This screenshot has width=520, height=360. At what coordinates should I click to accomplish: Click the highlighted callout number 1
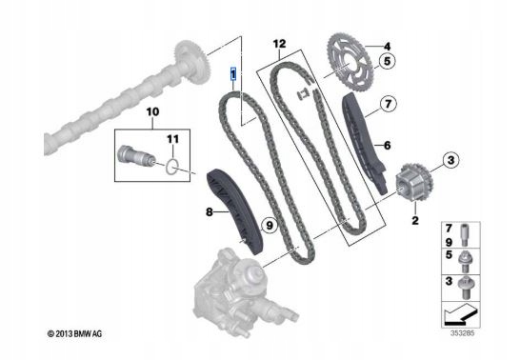[233, 73]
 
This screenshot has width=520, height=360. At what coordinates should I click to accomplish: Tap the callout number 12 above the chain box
[279, 44]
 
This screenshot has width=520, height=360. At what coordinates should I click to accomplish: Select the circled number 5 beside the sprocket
[387, 61]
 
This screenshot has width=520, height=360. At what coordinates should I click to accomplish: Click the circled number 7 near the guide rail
[388, 104]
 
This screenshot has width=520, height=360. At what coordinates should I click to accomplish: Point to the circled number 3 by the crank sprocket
[450, 160]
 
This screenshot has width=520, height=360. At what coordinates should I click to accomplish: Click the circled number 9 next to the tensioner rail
[270, 226]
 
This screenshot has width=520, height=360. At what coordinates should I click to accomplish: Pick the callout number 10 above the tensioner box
[152, 112]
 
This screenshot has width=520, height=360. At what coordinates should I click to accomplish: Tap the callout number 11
[172, 139]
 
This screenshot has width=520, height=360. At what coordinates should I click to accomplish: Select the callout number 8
[209, 211]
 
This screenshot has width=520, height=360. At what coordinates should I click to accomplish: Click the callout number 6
[387, 145]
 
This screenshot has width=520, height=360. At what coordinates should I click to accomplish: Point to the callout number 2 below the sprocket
[415, 220]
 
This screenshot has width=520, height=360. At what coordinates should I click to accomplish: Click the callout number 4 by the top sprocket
[387, 46]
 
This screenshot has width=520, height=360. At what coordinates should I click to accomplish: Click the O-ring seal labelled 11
[172, 167]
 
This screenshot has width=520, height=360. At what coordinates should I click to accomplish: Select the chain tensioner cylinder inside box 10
[136, 156]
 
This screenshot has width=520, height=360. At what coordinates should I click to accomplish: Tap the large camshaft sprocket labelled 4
[350, 63]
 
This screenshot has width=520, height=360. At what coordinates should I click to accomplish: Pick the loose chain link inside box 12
[302, 95]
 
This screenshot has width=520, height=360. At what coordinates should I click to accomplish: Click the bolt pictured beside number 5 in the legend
[465, 262]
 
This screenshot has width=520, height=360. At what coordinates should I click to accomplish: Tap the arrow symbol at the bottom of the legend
[461, 314]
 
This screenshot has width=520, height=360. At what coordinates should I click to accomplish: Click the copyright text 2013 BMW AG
[74, 334]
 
